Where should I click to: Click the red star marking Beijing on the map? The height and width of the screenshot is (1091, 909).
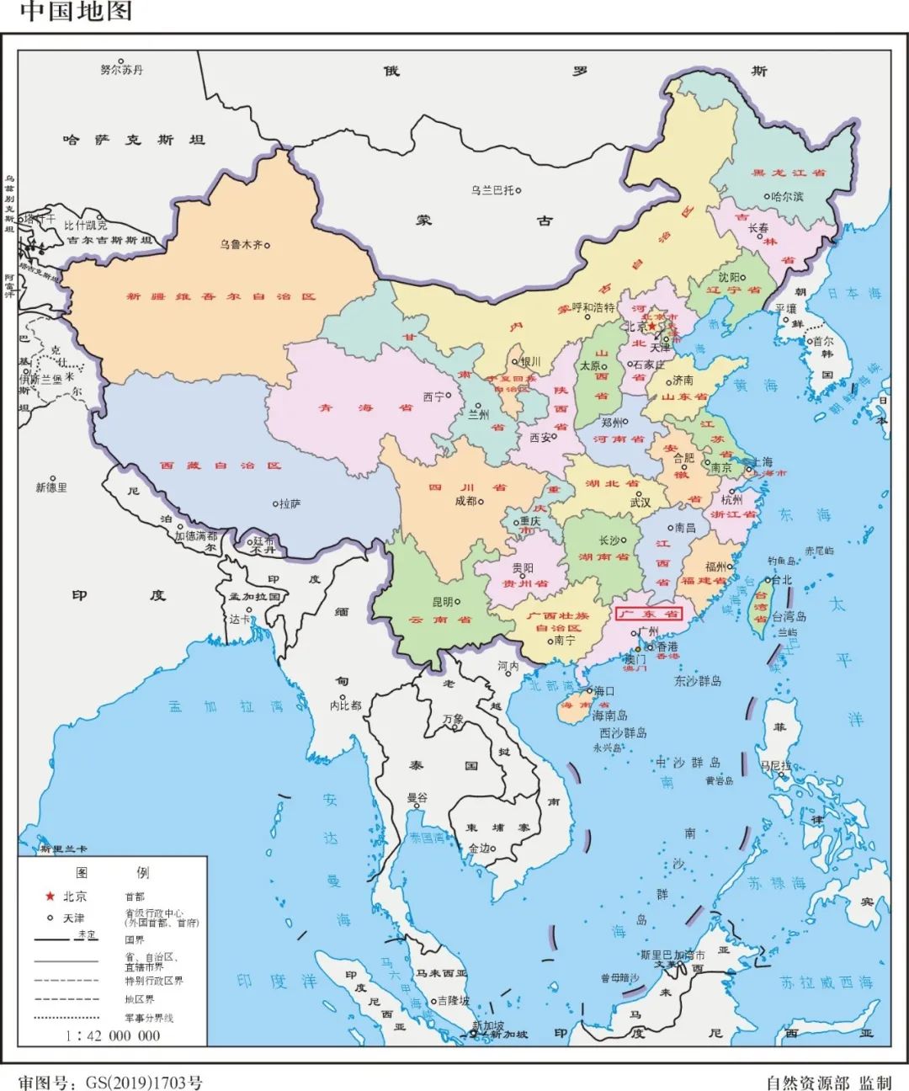(x=652, y=326)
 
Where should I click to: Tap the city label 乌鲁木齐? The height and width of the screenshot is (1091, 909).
(x=241, y=245)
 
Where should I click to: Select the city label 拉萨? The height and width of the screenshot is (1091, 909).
(x=289, y=503)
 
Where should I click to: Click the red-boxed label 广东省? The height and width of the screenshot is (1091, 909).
(x=648, y=614)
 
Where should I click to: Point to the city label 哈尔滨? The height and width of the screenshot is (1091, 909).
(x=786, y=196)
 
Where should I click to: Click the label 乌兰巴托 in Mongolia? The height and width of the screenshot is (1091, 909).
(x=492, y=191)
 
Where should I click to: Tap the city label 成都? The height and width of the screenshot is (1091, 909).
(x=465, y=501)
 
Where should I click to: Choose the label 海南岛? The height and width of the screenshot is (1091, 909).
(x=609, y=715)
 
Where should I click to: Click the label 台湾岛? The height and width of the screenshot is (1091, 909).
(x=789, y=616)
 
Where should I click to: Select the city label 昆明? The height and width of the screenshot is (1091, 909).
(x=442, y=602)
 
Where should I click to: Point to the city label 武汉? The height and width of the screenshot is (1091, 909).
(x=640, y=502)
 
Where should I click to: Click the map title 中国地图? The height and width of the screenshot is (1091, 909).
(x=76, y=12)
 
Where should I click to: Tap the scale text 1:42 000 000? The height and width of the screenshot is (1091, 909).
(x=113, y=1035)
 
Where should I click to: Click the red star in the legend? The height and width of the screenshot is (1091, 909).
(x=50, y=896)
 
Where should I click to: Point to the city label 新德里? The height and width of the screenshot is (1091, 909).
(x=51, y=487)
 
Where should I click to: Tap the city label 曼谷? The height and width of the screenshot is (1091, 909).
(x=417, y=797)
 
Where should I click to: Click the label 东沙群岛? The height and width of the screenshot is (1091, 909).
(x=698, y=680)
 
